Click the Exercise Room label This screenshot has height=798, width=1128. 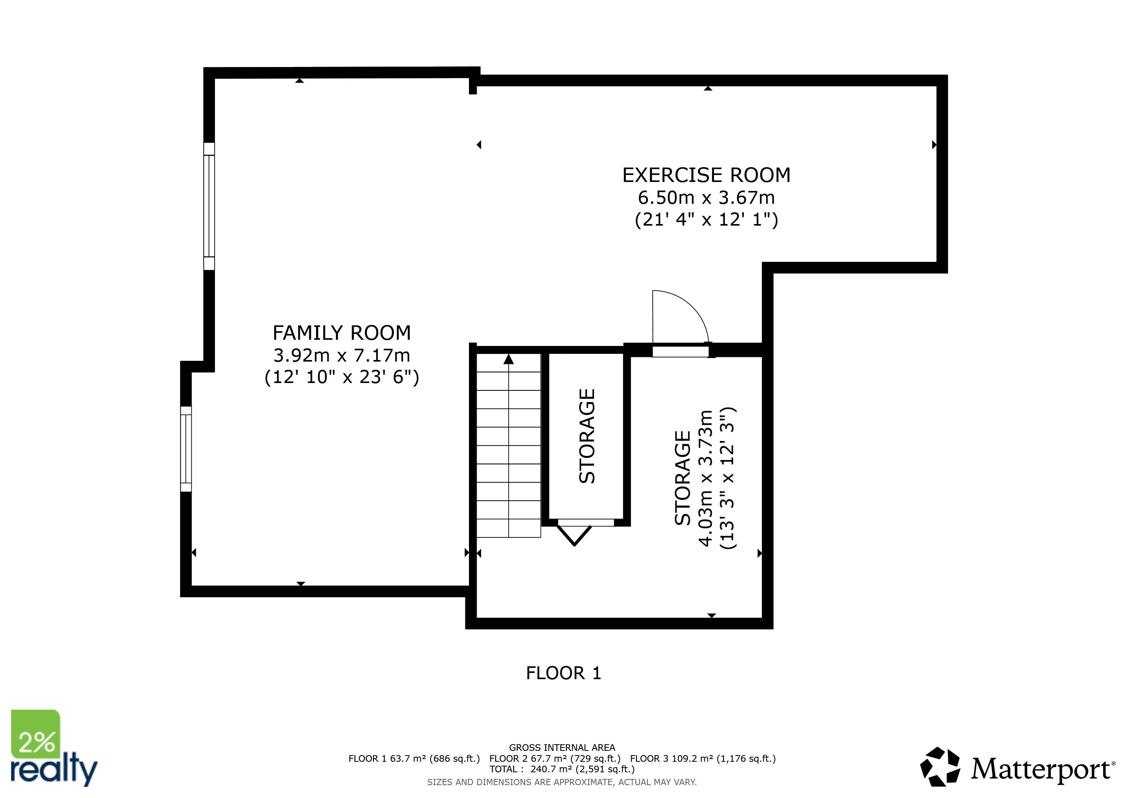click(707, 175)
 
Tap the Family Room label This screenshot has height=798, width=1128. click(342, 333)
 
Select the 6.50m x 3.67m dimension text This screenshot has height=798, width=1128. click(707, 198)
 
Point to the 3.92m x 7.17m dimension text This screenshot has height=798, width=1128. click(342, 355)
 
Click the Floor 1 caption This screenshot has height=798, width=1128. click(564, 673)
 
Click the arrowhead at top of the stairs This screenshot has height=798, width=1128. click(508, 359)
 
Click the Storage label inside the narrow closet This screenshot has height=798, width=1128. click(587, 436)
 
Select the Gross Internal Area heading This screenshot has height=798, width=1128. click(562, 748)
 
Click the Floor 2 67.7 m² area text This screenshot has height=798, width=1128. click(555, 759)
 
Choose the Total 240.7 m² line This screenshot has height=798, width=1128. click(562, 770)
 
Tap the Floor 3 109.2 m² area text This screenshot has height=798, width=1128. click(703, 759)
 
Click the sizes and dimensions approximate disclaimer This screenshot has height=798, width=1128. click(562, 782)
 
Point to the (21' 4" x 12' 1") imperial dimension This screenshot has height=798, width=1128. click(707, 220)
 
